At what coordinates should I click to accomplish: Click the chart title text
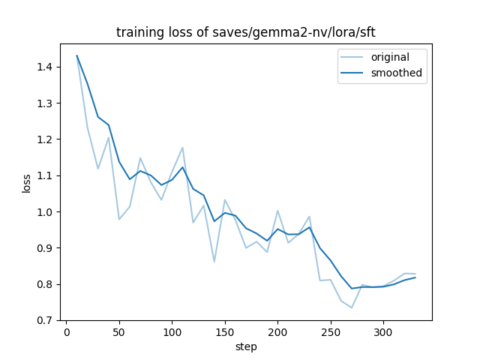point(245,33)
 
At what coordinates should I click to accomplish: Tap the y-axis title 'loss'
point(26,182)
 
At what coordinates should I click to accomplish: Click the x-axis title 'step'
point(246,346)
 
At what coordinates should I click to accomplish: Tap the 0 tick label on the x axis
point(66,333)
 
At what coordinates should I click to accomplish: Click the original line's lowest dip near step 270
point(352,307)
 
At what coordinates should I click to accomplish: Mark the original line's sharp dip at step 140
point(214,262)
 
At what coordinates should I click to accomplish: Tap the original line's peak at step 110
point(182,148)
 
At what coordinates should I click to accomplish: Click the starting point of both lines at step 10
point(76,55)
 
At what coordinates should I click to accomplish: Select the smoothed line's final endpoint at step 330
point(415,277)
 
